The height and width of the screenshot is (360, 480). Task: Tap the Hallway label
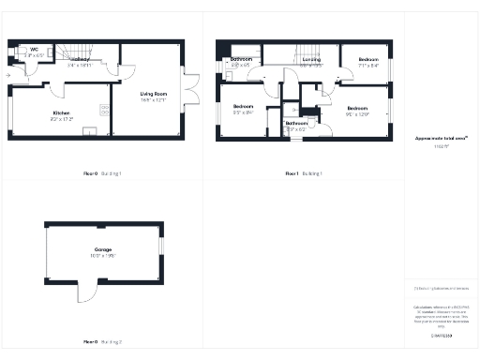pyautogui.click(x=79, y=61)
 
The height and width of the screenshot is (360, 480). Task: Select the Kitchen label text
pyautogui.click(x=62, y=113)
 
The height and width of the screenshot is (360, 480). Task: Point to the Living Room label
pyautogui.click(x=153, y=95)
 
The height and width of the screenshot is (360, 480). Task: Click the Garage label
pyautogui.click(x=102, y=250)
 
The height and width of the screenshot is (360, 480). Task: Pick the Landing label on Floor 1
pyautogui.click(x=311, y=60)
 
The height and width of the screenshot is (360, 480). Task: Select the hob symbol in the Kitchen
pyautogui.click(x=104, y=107)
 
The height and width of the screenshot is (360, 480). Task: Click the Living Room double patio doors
pyautogui.click(x=191, y=89)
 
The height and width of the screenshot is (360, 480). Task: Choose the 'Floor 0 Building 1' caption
pyautogui.click(x=102, y=173)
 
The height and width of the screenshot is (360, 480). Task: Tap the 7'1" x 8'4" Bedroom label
pyautogui.click(x=367, y=62)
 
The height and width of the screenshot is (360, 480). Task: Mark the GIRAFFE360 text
pyautogui.click(x=441, y=335)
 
